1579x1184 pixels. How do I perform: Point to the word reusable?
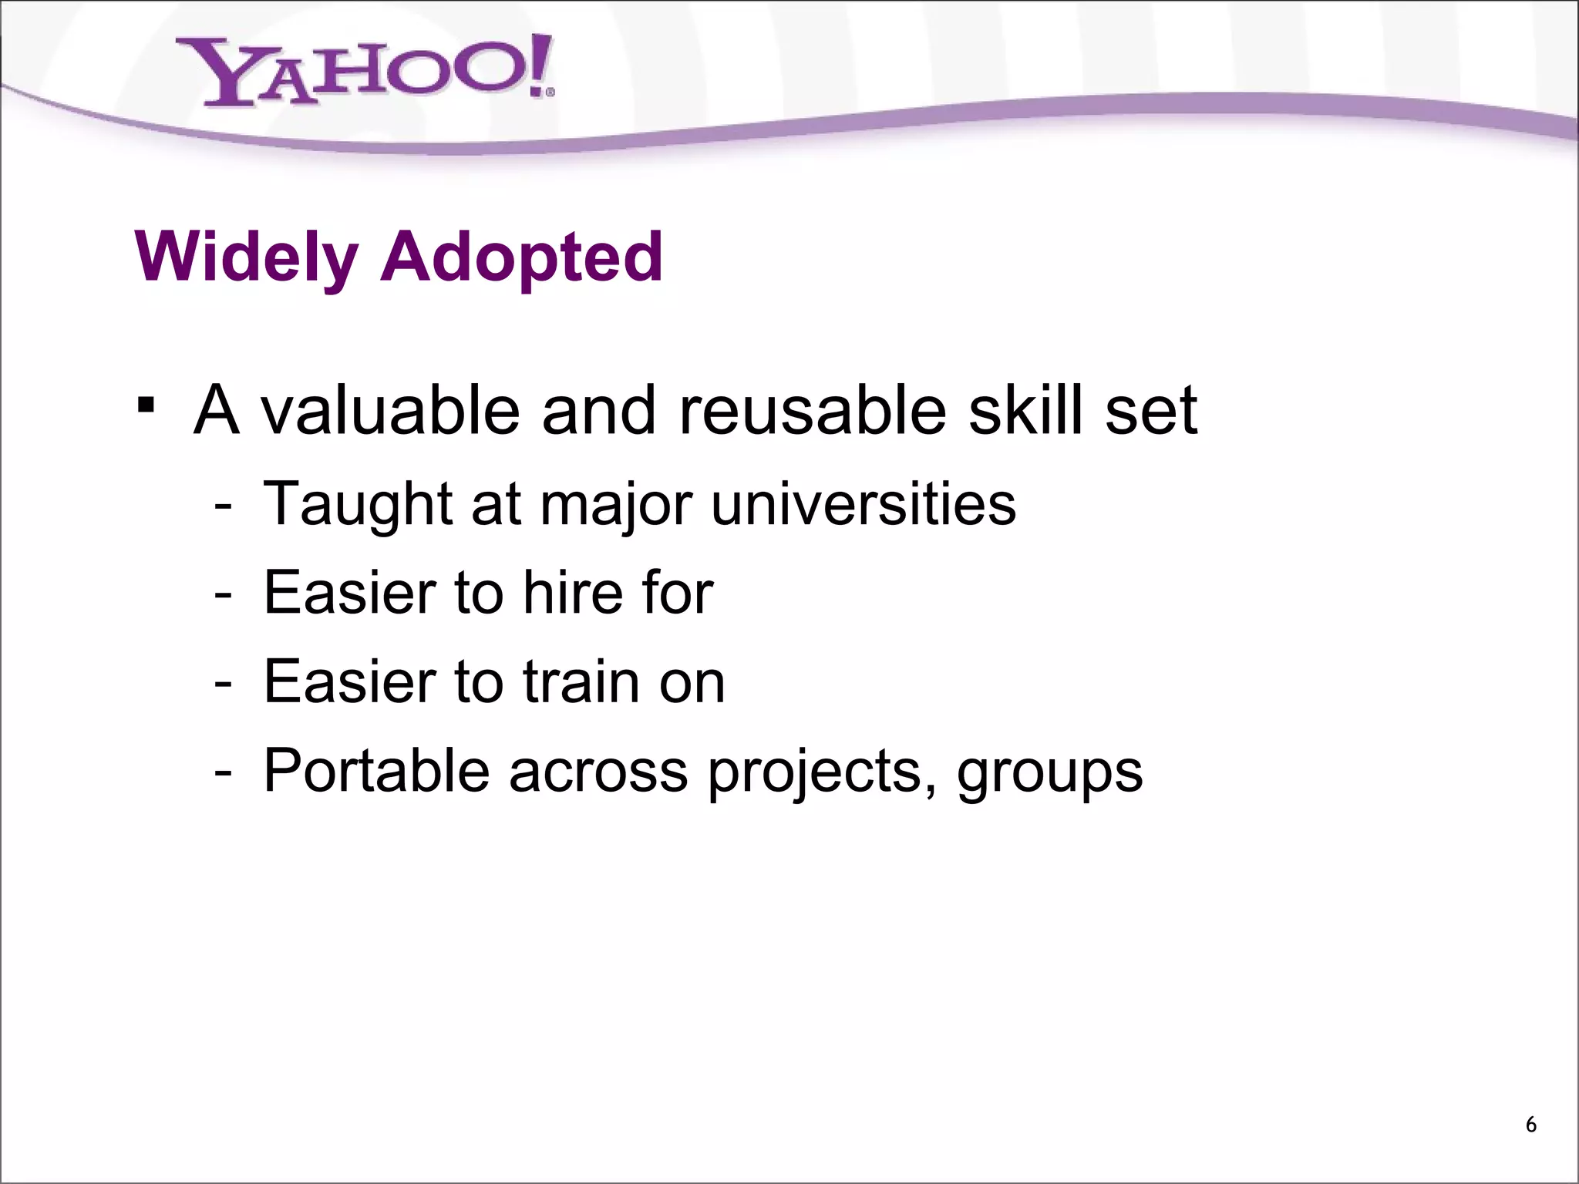813,410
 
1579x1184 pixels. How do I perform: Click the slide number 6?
1531,1125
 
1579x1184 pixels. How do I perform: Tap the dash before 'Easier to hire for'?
223,595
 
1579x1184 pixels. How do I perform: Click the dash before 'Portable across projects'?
223,772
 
